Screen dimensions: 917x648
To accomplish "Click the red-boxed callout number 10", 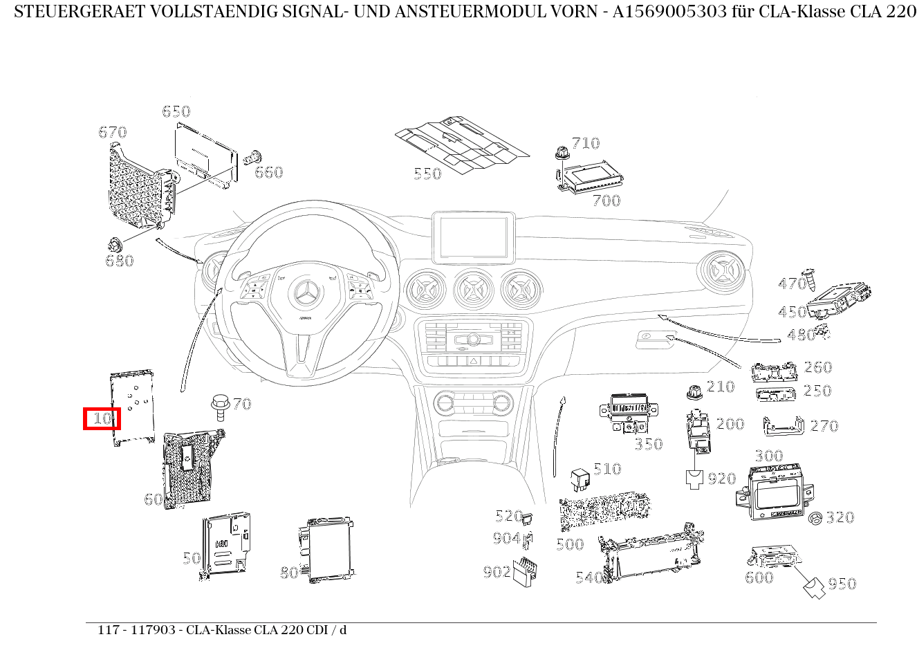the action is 102,418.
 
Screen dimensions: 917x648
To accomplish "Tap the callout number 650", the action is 176,111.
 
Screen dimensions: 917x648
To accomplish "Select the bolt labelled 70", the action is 220,407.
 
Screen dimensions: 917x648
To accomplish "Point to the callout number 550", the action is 427,174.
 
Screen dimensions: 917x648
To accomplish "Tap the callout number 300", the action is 769,456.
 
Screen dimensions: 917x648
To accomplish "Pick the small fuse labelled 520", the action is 527,519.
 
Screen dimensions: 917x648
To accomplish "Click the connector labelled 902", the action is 525,571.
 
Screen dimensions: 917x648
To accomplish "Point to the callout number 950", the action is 842,583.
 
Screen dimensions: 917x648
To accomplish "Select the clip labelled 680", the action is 115,246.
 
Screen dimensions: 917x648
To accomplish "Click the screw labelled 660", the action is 252,158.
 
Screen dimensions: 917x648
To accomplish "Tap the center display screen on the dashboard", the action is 474,237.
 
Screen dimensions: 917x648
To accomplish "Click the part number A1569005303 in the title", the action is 669,12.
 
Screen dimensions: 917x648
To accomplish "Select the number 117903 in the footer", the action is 153,630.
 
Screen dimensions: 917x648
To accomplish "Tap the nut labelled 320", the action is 815,519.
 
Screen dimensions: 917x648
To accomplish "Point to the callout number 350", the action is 649,444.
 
